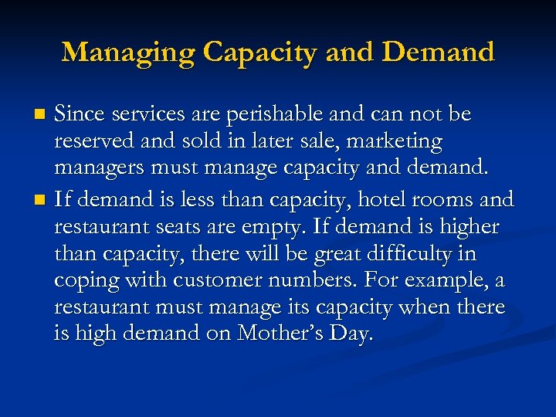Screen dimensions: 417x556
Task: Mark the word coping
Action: coord(82,280)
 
